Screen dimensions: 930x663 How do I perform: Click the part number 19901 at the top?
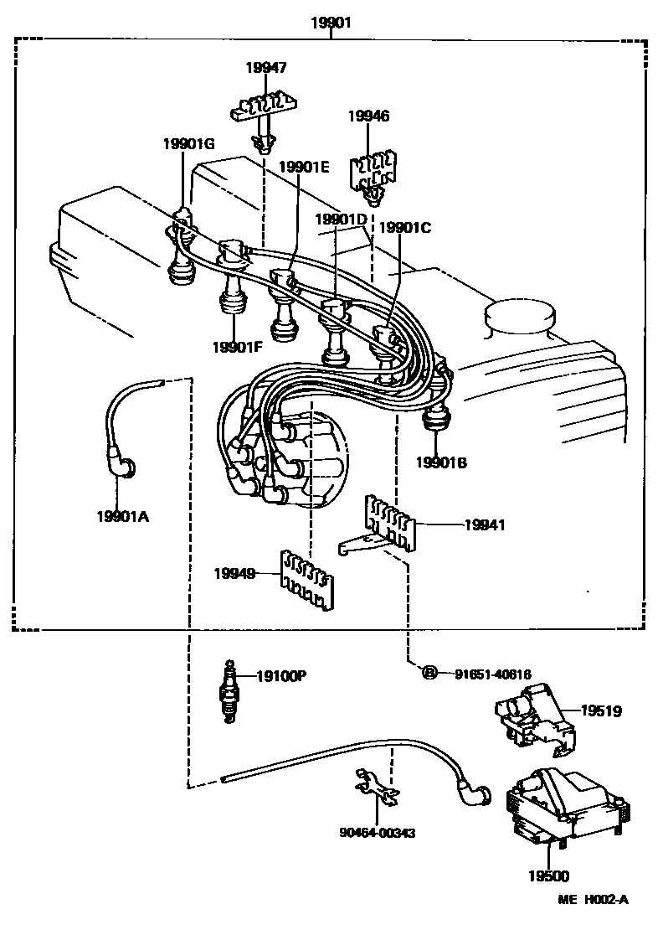[331, 23]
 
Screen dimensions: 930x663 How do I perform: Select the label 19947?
[265, 67]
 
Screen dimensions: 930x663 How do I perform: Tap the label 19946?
[368, 116]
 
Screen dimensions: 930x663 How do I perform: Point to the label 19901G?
[188, 144]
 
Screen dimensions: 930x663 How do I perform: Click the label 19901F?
[238, 346]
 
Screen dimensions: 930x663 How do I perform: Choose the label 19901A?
[122, 516]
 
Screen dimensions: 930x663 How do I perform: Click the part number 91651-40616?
[493, 673]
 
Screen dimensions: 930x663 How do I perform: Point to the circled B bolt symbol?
[428, 672]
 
